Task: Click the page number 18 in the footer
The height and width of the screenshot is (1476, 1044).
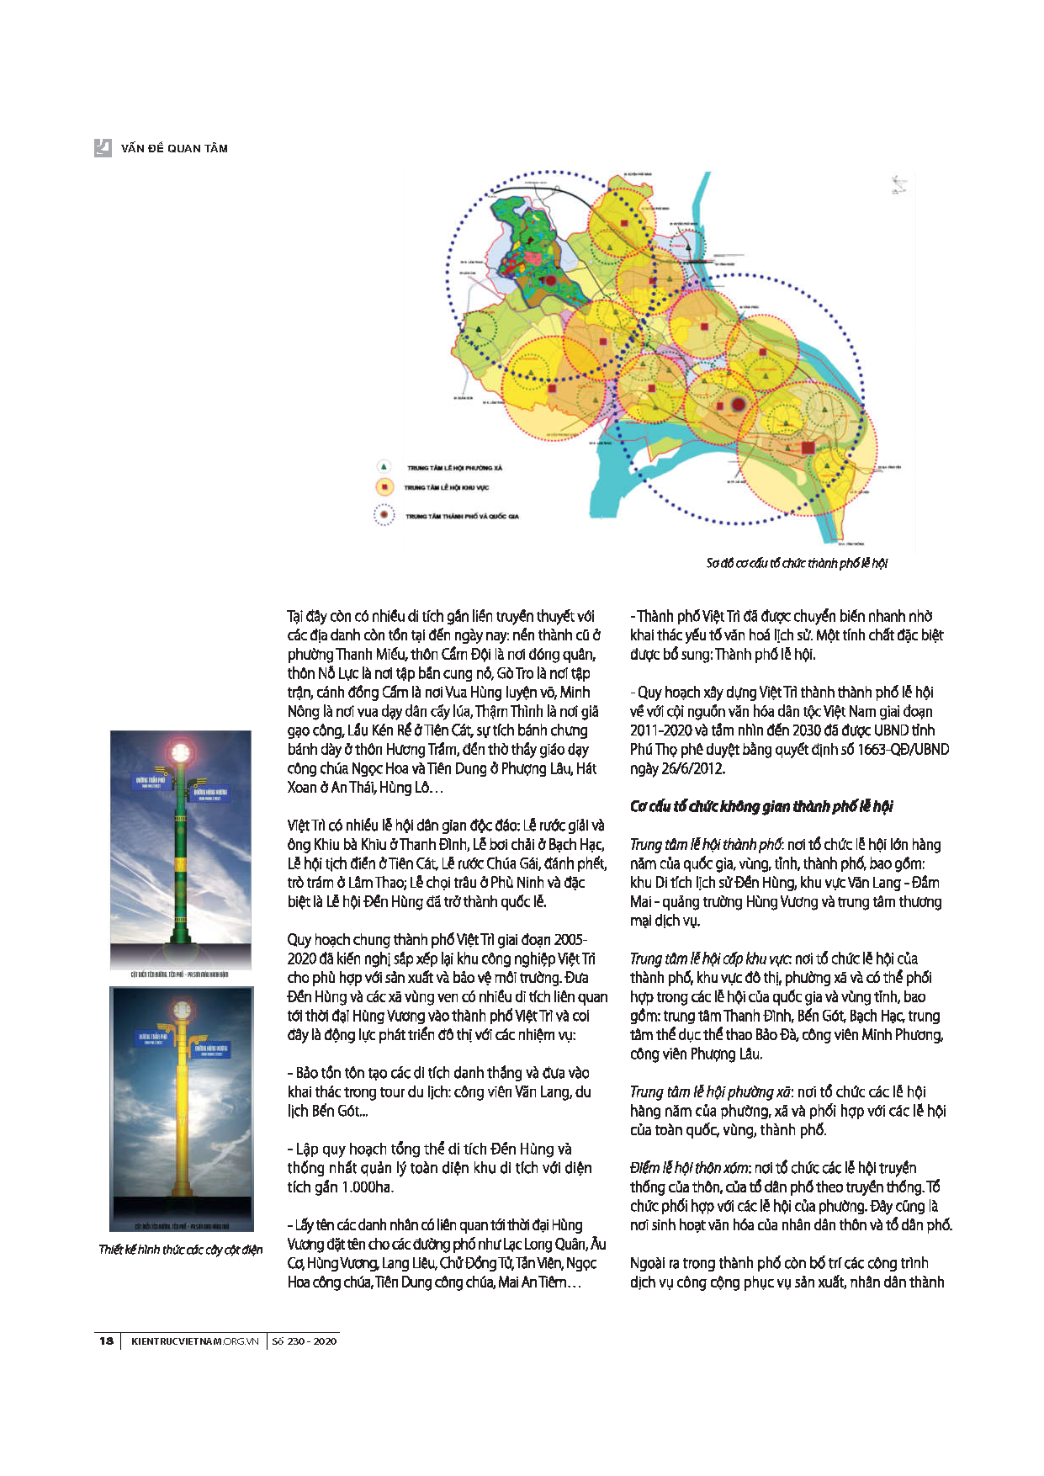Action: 106,1341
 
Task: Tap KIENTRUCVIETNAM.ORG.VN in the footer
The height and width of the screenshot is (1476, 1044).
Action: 194,1341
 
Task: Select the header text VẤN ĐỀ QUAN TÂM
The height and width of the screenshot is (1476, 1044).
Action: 174,148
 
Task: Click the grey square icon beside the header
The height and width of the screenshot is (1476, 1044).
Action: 103,147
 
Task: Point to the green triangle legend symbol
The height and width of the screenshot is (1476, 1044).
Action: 384,466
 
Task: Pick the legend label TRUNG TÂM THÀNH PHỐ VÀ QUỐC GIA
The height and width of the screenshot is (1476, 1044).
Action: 462,516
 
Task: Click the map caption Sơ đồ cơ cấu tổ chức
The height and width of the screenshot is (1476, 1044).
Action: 796,563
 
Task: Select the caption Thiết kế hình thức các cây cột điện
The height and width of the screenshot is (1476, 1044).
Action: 180,1249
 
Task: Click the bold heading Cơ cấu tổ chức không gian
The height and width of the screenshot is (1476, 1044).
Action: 760,806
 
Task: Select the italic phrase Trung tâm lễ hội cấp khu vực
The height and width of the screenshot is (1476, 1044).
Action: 708,958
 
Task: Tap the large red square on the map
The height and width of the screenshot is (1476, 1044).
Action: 808,448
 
